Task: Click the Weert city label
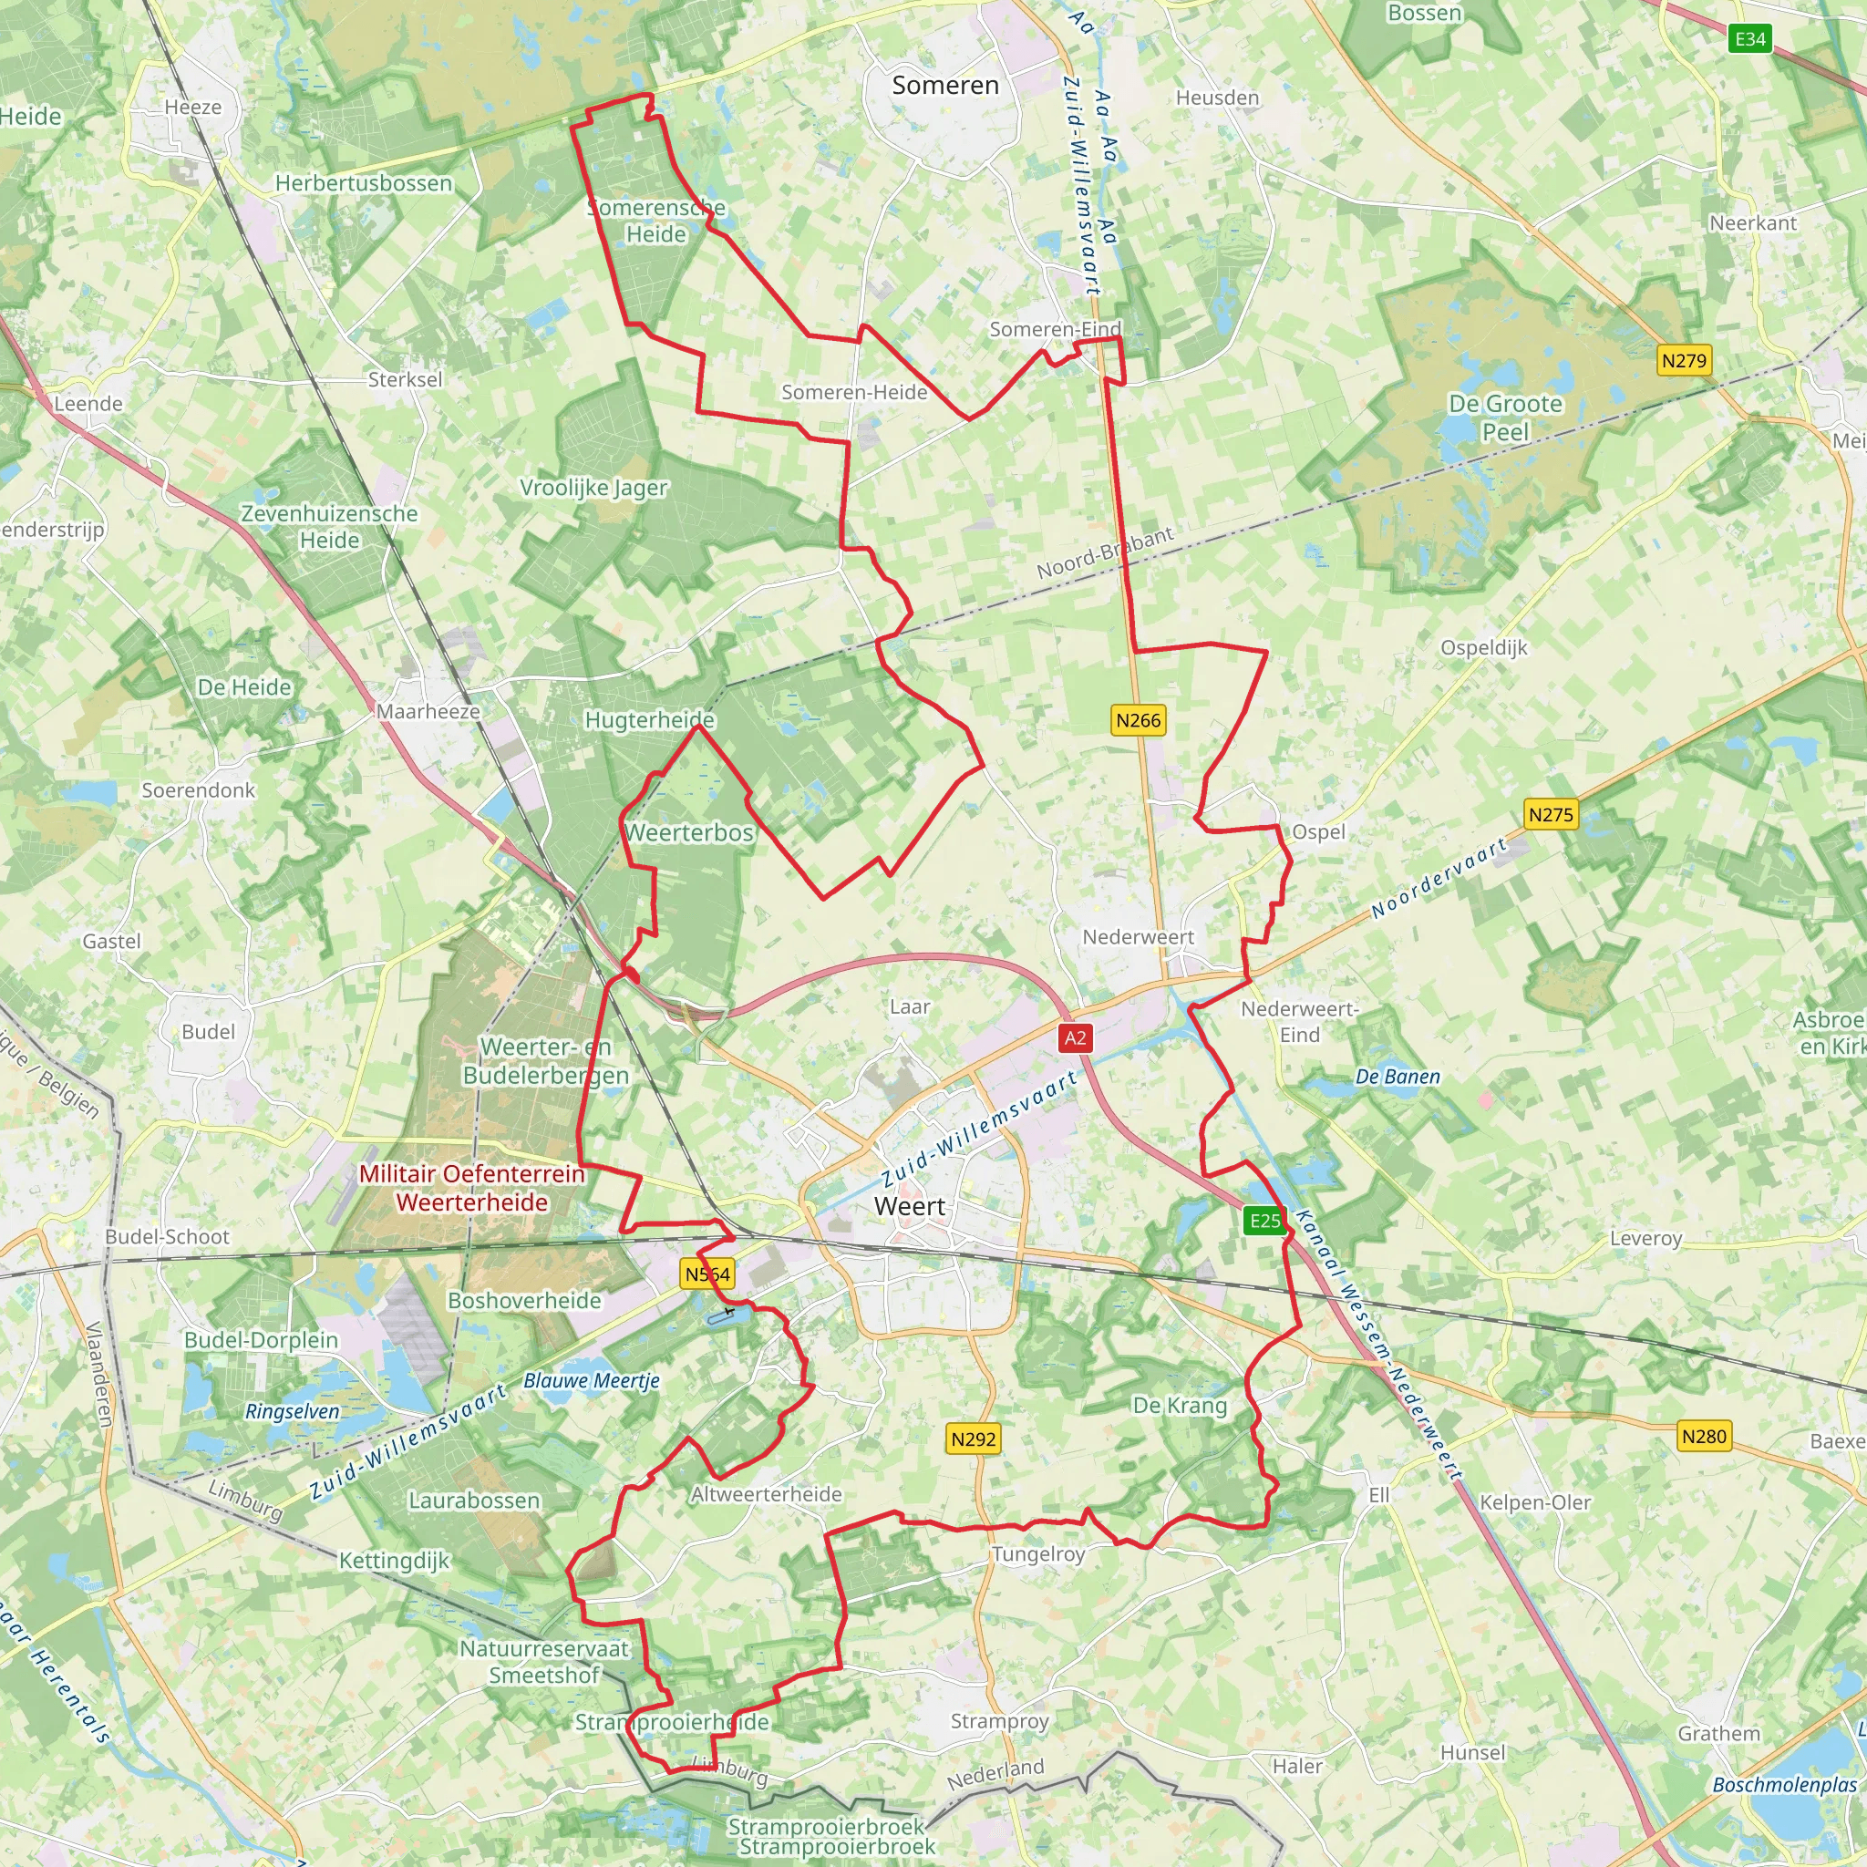point(909,1206)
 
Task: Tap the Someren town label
point(945,85)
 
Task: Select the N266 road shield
point(1138,720)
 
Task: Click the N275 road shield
point(1550,815)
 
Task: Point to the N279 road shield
point(1684,360)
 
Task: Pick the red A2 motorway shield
point(1075,1037)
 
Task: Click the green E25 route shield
point(1264,1221)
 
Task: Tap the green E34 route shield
point(1750,38)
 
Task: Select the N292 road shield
point(973,1439)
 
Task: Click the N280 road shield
point(1704,1436)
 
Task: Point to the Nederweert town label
point(1138,936)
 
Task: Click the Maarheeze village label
point(428,711)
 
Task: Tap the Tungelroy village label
point(1037,1554)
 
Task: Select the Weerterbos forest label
point(689,832)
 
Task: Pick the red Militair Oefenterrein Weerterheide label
point(471,1188)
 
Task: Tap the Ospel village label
point(1318,832)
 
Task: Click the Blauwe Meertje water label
point(592,1380)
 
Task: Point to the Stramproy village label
point(999,1721)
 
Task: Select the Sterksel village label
point(405,380)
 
